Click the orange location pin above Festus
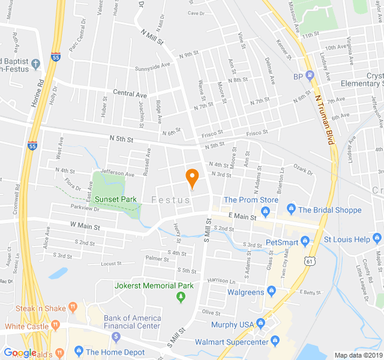tap(192, 178)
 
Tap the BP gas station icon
tap(310, 76)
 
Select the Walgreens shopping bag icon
tap(271, 292)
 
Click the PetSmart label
tap(282, 242)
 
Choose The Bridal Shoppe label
tap(329, 210)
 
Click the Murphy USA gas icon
tap(261, 325)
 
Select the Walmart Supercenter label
tap(232, 342)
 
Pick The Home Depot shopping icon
tap(77, 352)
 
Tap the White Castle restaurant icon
tap(56, 326)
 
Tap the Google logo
tap(20, 353)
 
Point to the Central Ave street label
tap(130, 94)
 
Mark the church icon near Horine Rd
tap(36, 63)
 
